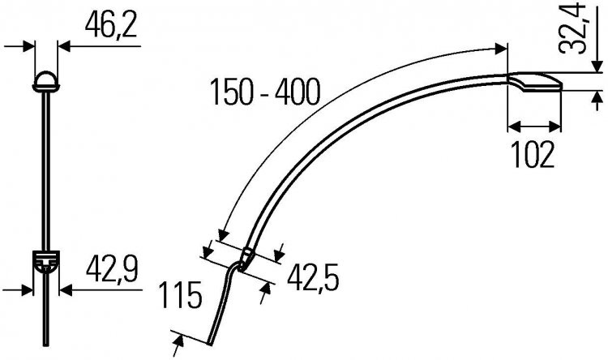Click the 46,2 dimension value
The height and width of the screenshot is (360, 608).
(x=111, y=26)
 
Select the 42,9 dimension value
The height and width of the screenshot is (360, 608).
(x=112, y=270)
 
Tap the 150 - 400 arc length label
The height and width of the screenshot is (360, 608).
(x=265, y=92)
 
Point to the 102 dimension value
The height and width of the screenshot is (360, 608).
(x=533, y=154)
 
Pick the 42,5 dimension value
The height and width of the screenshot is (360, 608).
(x=313, y=278)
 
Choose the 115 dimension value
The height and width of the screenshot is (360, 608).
(x=181, y=295)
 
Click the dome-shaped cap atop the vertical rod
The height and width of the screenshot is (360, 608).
(x=46, y=81)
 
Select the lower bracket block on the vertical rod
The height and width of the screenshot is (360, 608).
(x=46, y=261)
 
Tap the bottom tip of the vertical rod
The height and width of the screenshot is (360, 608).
(x=46, y=345)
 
